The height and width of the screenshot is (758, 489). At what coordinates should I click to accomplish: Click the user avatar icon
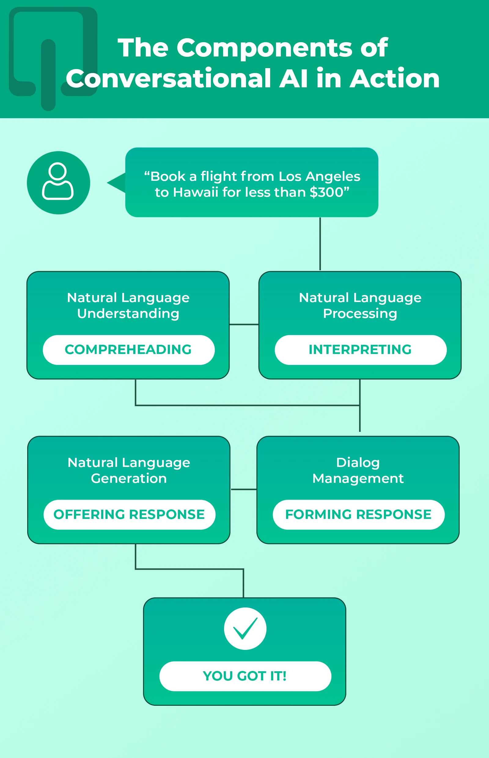click(58, 182)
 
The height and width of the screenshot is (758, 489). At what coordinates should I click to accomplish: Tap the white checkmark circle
click(245, 629)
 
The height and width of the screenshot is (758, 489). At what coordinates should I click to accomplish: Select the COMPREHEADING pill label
click(128, 350)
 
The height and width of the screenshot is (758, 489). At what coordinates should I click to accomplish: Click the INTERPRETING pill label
click(360, 350)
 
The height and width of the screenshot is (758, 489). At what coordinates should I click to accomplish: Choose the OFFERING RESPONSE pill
click(129, 514)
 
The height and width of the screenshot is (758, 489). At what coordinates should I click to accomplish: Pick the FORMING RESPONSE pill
click(358, 514)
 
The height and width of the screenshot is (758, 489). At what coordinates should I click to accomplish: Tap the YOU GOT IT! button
click(245, 676)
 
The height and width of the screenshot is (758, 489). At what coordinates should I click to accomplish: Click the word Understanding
click(128, 313)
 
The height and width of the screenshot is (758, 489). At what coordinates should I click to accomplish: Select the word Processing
click(360, 313)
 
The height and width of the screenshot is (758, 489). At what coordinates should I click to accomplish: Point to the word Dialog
click(358, 463)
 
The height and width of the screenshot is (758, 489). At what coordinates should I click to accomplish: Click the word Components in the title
click(264, 48)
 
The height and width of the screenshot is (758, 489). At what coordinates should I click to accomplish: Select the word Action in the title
click(395, 78)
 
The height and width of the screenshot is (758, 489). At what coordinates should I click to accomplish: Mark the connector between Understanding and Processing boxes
click(244, 325)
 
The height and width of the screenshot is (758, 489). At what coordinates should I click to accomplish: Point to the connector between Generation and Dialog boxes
click(244, 490)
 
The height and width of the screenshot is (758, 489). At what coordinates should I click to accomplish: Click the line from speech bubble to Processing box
click(320, 244)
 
